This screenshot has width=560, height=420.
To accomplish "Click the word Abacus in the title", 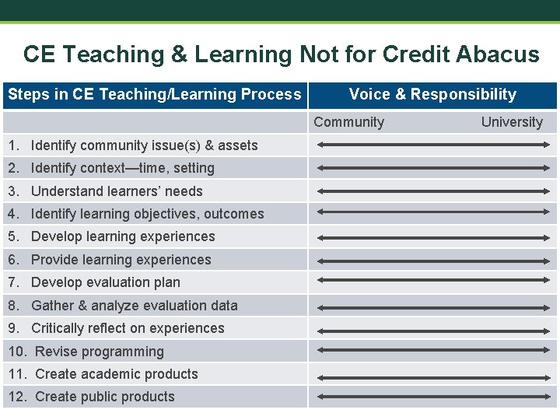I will click(x=499, y=54).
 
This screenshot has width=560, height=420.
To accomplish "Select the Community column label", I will click(x=348, y=122).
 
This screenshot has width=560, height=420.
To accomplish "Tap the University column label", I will click(x=512, y=122).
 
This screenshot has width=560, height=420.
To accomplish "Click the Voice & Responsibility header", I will click(x=432, y=95).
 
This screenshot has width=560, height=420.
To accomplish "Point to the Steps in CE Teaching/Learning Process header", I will click(x=154, y=95).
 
